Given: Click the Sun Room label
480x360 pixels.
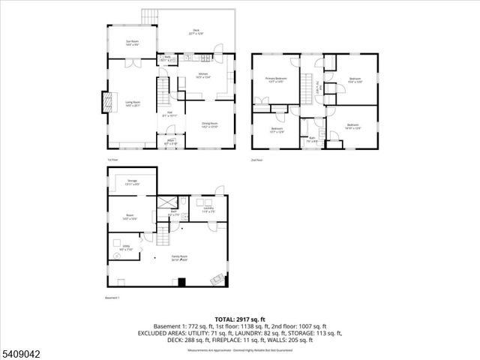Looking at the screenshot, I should (131, 43).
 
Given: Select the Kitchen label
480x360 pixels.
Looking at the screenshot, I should (202, 74).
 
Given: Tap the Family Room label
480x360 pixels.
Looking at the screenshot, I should (178, 258).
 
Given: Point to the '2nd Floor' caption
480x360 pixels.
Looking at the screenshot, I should (257, 160).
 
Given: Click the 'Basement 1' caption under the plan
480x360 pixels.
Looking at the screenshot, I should (113, 298).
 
